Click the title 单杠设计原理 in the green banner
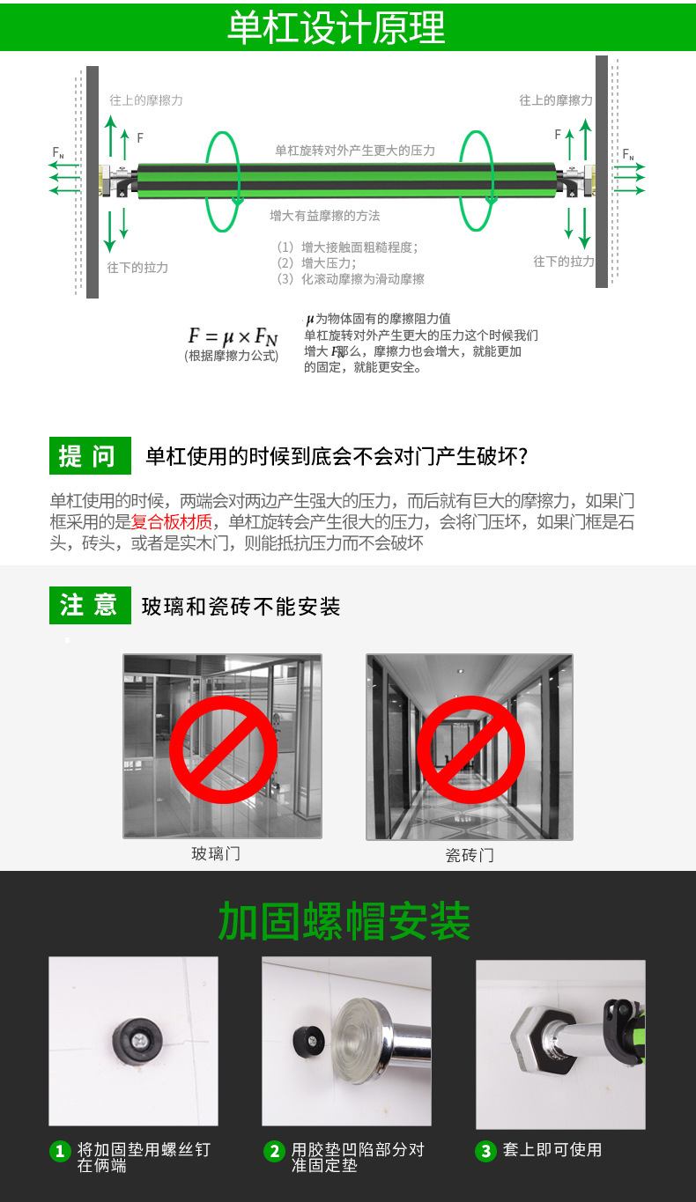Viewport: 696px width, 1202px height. tap(337, 27)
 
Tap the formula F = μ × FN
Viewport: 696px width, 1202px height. tap(233, 336)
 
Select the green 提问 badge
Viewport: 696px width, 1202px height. tap(89, 455)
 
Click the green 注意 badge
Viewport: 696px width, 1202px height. tap(89, 605)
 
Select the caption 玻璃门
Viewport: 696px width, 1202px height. tap(216, 853)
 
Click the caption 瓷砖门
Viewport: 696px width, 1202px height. tap(470, 855)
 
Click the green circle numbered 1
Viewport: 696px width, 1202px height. tap(60, 1151)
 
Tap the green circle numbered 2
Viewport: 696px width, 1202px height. tap(274, 1151)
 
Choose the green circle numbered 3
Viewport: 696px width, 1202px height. tap(485, 1151)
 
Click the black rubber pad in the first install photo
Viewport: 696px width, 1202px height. tap(137, 1040)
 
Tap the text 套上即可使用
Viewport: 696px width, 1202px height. tap(552, 1149)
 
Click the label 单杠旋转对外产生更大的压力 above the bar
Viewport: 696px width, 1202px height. tap(355, 151)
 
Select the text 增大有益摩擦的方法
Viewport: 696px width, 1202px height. tap(325, 215)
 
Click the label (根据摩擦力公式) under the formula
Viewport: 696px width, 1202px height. tap(232, 356)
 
